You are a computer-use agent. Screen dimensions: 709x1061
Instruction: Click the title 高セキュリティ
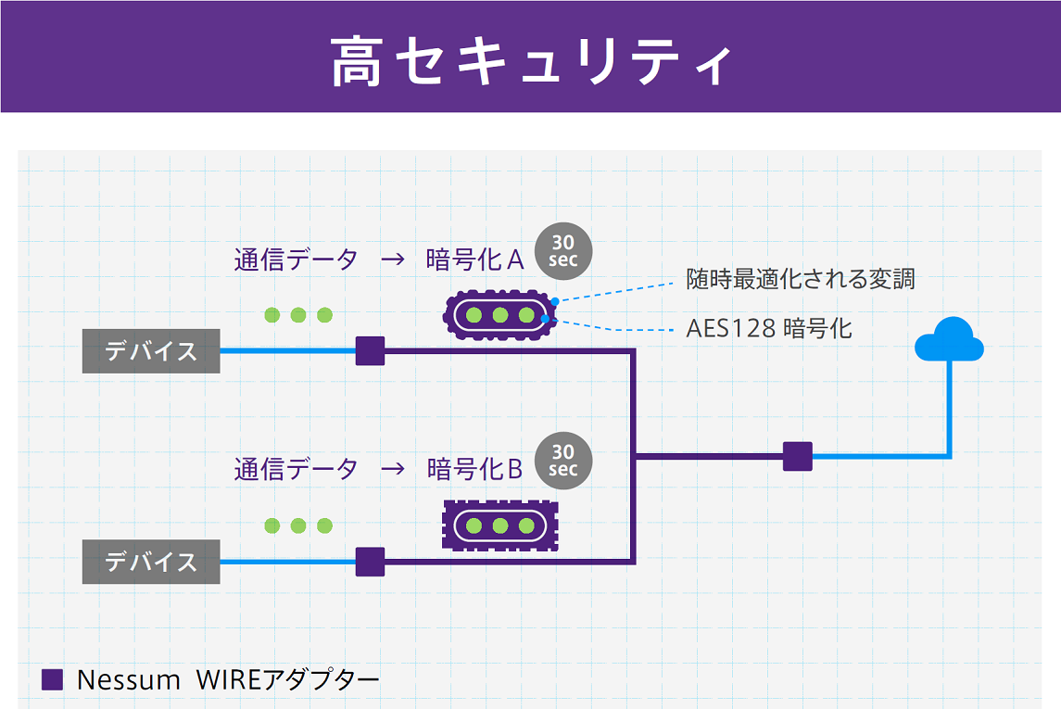point(530,61)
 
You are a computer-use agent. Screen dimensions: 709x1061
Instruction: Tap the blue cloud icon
point(949,340)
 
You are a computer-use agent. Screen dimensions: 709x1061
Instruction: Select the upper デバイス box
point(151,351)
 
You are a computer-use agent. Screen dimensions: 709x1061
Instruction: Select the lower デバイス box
point(151,562)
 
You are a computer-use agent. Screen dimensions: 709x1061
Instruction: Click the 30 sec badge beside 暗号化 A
point(563,251)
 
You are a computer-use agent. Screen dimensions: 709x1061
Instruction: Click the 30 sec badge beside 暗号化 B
point(563,461)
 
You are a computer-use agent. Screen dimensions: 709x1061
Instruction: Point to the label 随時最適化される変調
point(800,278)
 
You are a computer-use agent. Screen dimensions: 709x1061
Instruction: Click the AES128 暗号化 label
point(768,328)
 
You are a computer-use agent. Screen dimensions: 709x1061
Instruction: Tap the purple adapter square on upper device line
point(370,351)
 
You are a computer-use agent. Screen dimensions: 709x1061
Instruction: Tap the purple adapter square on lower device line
point(370,562)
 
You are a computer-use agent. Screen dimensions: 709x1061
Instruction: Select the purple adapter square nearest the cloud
point(797,456)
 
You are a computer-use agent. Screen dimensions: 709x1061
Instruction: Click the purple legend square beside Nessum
point(53,679)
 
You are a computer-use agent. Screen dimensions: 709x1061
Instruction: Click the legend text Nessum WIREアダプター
point(228,679)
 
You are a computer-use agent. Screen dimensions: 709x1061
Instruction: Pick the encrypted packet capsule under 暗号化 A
point(500,315)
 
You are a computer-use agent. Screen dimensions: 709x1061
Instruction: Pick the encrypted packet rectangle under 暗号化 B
point(500,525)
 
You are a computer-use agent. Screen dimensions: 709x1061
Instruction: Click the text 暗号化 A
point(474,260)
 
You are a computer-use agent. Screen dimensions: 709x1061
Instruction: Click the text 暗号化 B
point(474,469)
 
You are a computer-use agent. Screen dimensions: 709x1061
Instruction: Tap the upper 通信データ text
point(296,260)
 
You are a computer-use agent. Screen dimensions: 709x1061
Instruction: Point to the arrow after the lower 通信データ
point(393,469)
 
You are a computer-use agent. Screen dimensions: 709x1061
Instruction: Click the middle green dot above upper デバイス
point(298,315)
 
